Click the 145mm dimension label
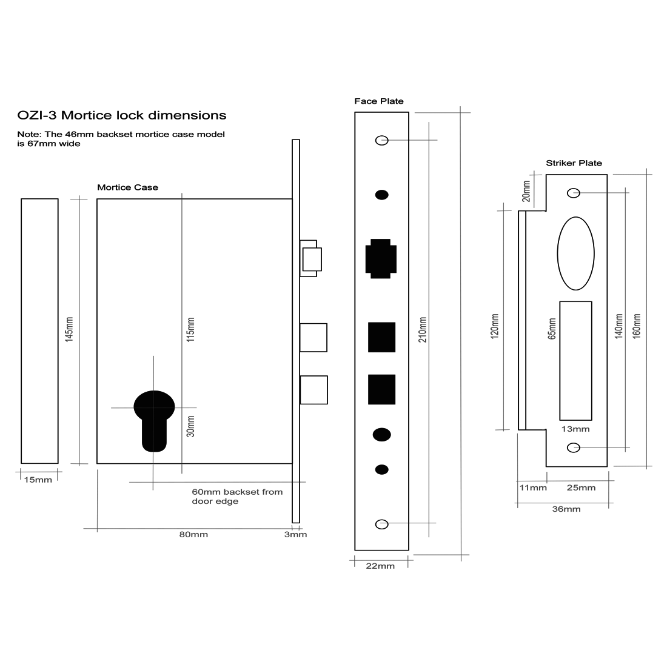(x=69, y=329)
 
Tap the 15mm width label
(x=38, y=480)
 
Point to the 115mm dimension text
(x=190, y=329)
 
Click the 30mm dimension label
(x=190, y=426)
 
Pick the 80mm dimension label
(x=193, y=535)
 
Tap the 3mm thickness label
(x=296, y=535)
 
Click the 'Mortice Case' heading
(x=127, y=187)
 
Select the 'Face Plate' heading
(x=379, y=101)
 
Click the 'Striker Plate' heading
(x=574, y=163)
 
